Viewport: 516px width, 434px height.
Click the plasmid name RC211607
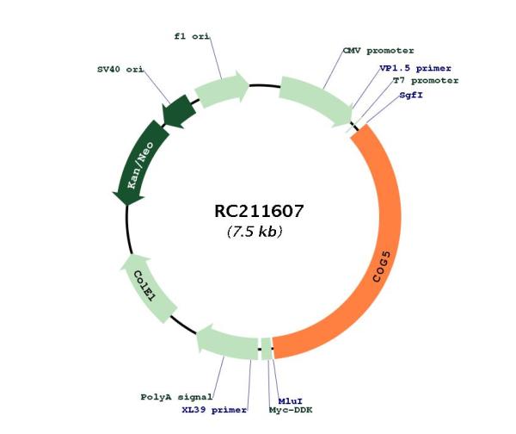(258, 211)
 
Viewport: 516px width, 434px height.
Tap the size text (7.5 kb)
(255, 232)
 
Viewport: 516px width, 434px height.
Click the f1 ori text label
(192, 36)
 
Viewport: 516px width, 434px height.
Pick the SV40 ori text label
(120, 70)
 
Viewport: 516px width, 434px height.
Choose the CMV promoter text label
(378, 51)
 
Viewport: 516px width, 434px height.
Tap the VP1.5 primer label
(415, 68)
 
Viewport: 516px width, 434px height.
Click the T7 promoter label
(426, 81)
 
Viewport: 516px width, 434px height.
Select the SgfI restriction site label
(411, 96)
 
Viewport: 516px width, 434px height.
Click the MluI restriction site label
(291, 401)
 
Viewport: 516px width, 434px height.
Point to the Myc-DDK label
(291, 410)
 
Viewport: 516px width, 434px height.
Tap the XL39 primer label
(214, 410)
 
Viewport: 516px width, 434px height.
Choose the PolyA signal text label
(176, 397)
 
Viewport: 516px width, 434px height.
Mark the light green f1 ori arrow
(220, 89)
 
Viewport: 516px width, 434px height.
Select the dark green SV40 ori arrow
(179, 111)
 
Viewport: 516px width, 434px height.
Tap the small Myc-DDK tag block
(267, 349)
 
